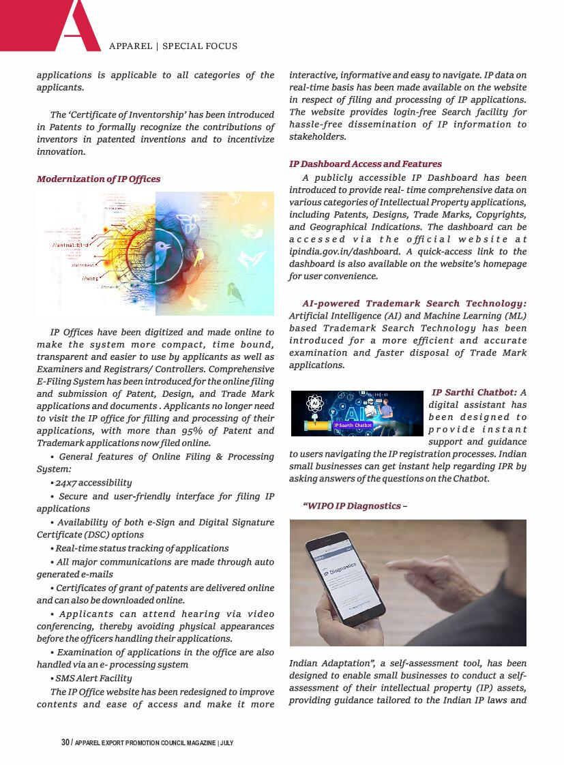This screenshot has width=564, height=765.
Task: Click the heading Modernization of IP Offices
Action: click(98, 179)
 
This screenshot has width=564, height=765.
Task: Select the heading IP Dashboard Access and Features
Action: click(365, 164)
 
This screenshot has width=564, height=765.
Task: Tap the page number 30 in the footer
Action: click(65, 742)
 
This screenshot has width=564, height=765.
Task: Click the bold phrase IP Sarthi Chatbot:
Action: click(474, 392)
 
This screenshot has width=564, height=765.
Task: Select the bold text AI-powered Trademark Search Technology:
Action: click(414, 303)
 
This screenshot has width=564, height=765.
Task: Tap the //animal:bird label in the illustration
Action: click(71, 244)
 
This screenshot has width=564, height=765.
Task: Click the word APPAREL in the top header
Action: click(130, 46)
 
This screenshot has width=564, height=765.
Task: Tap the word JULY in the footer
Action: click(227, 742)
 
